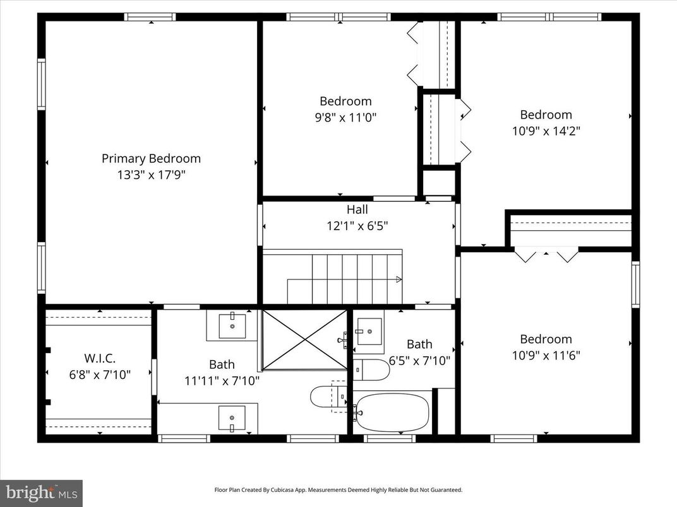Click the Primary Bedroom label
click(x=151, y=159)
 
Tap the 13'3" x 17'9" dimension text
click(x=151, y=175)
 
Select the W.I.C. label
click(x=99, y=358)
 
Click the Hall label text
click(x=357, y=210)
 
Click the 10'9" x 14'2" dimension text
click(x=546, y=131)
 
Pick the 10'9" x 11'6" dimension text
click(x=546, y=356)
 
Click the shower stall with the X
click(x=304, y=339)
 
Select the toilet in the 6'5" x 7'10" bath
click(x=371, y=370)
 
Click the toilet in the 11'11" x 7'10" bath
click(x=326, y=397)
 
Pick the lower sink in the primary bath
click(x=232, y=418)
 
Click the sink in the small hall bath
click(x=369, y=331)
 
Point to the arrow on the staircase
click(x=398, y=279)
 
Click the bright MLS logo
click(x=41, y=492)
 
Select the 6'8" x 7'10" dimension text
click(x=99, y=375)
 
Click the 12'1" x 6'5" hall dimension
click(x=357, y=226)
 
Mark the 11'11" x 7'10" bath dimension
click(x=222, y=380)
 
